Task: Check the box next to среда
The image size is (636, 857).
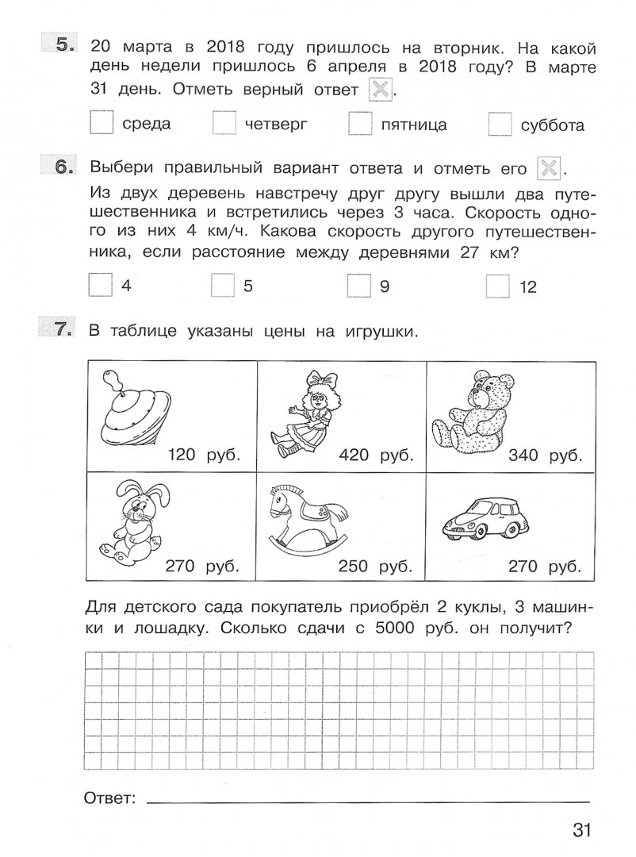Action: (102, 124)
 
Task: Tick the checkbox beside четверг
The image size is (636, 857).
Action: (224, 124)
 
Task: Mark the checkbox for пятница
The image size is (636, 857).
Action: (360, 124)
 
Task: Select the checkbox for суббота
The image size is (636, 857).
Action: (500, 125)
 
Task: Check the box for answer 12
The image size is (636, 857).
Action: (498, 286)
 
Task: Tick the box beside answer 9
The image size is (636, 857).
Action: (360, 286)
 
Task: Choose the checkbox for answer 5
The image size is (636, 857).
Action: (224, 286)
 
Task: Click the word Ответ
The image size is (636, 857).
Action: (109, 797)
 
